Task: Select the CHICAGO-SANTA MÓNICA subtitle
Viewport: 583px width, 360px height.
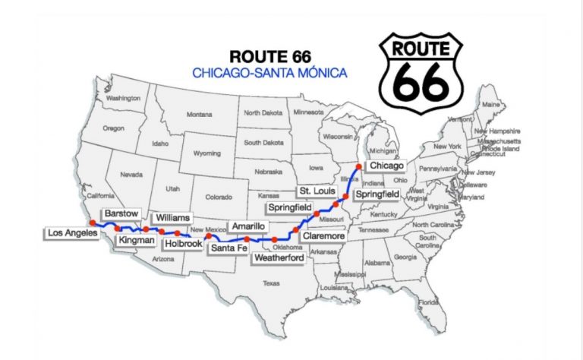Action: (269, 73)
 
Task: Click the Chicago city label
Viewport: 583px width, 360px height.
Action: (385, 166)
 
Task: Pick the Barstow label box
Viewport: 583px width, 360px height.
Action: (121, 213)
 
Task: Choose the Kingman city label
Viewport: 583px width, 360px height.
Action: (137, 241)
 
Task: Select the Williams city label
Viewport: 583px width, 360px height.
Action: (169, 217)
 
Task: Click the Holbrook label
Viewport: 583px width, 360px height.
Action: (184, 244)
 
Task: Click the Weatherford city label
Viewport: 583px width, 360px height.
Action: (279, 258)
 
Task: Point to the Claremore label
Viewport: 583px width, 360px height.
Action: (323, 236)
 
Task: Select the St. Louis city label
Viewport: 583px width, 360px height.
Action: (314, 190)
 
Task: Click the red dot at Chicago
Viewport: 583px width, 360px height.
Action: (358, 165)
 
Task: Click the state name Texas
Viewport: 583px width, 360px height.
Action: (271, 283)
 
